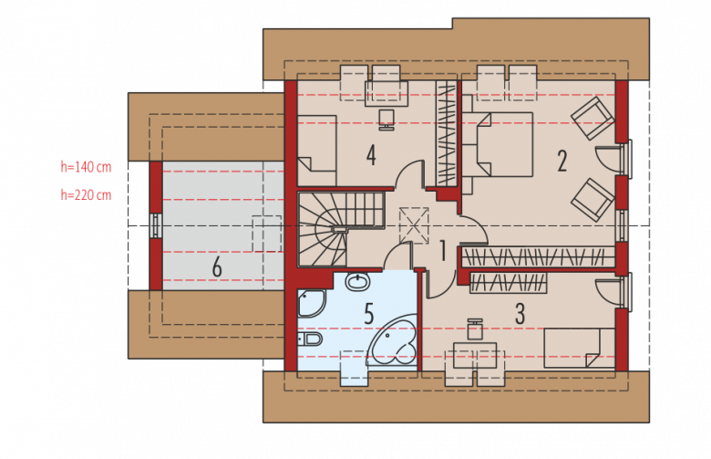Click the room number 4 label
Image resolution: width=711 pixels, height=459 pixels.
click(371, 156)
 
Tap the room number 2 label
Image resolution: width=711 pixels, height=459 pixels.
click(562, 162)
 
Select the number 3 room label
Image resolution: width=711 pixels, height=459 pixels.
click(520, 313)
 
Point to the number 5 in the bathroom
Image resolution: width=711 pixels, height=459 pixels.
click(369, 314)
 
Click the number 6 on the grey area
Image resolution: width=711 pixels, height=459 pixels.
click(217, 267)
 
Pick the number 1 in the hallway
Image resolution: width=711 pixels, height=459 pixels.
click(443, 251)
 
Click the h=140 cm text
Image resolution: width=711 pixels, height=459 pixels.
click(86, 167)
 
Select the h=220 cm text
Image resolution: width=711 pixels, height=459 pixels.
click(86, 195)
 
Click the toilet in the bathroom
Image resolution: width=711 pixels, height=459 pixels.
click(310, 339)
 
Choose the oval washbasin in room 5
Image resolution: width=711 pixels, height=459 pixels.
click(358, 281)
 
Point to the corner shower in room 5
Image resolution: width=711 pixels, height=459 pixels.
click(311, 303)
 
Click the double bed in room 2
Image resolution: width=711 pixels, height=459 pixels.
click(498, 144)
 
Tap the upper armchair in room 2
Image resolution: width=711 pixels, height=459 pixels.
click(592, 117)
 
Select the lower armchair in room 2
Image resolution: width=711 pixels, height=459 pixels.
click(592, 199)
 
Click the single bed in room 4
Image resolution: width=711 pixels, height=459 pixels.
click(317, 151)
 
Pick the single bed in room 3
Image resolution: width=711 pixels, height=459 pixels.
click(572, 348)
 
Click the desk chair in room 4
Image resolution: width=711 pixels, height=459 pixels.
click(386, 120)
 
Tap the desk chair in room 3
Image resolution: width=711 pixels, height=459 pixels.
click(475, 329)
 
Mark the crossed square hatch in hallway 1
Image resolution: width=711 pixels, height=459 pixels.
click(414, 225)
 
